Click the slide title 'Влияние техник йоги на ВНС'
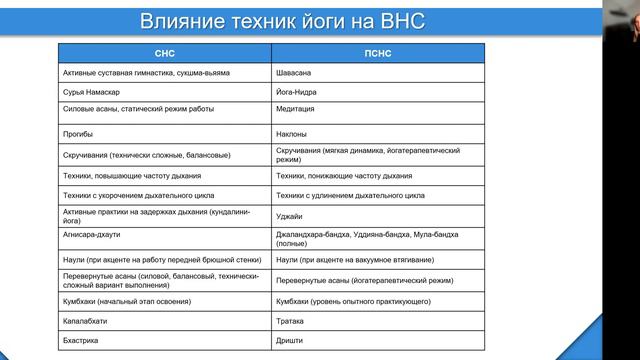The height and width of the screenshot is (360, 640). point(283,21)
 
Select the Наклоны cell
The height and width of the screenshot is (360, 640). point(292,133)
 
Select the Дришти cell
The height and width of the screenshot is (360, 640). point(289,342)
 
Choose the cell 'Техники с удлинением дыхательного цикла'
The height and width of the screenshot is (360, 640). point(350,195)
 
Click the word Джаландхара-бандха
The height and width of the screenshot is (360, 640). point(313,233)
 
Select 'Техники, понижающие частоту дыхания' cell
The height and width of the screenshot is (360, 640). point(343,175)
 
